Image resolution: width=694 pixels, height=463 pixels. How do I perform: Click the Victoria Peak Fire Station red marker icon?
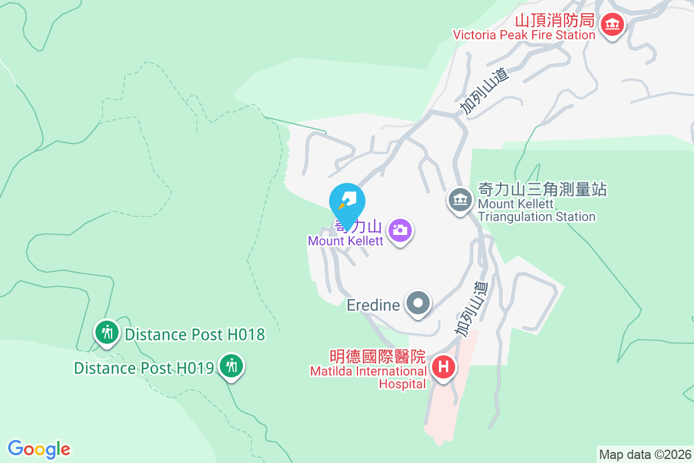pyautogui.click(x=611, y=25)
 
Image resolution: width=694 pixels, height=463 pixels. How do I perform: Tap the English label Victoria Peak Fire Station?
pyautogui.click(x=524, y=35)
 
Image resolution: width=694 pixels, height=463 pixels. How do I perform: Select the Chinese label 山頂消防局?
pyautogui.click(x=555, y=21)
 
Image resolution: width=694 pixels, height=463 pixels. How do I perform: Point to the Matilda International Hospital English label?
pyautogui.click(x=368, y=377)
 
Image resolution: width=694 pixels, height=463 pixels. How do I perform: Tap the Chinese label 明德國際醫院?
pyautogui.click(x=377, y=356)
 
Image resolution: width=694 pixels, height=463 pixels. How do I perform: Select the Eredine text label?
pyautogui.click(x=374, y=305)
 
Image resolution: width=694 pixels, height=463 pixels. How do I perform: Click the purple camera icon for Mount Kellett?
pyautogui.click(x=400, y=230)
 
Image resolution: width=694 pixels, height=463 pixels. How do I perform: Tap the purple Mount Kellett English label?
pyautogui.click(x=345, y=241)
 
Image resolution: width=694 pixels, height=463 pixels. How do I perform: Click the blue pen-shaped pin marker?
pyautogui.click(x=347, y=203)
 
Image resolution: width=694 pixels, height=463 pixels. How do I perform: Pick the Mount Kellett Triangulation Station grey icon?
pyautogui.click(x=460, y=200)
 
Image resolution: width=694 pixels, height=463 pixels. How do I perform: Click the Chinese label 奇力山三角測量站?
pyautogui.click(x=542, y=189)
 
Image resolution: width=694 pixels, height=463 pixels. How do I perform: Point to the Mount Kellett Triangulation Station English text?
pyautogui.click(x=536, y=211)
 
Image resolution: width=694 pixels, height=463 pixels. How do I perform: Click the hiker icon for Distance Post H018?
pyautogui.click(x=106, y=333)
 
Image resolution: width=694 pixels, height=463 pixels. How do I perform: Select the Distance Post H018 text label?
pyautogui.click(x=195, y=335)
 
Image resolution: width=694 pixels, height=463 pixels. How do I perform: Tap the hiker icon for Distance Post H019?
pyautogui.click(x=232, y=366)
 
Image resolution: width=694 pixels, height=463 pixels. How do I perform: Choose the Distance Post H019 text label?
pyautogui.click(x=144, y=368)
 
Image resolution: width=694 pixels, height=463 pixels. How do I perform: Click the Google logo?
pyautogui.click(x=39, y=449)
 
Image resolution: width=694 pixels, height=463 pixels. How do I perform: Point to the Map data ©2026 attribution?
pyautogui.click(x=645, y=454)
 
